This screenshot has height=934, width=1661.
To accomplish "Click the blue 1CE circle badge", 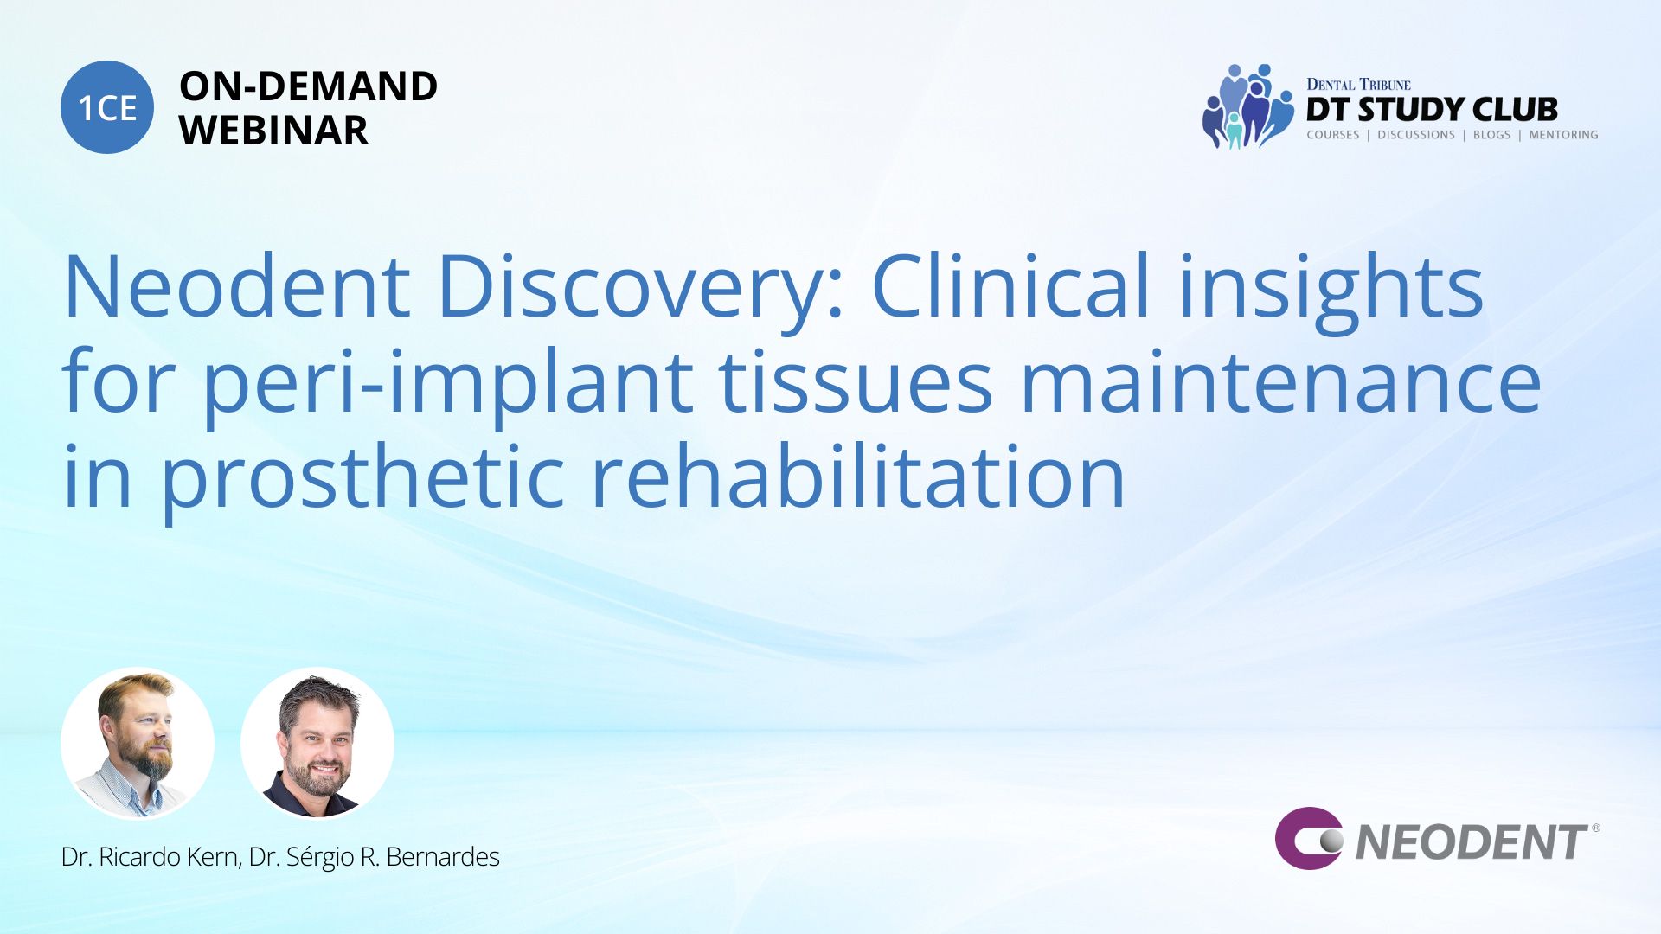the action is pyautogui.click(x=107, y=107).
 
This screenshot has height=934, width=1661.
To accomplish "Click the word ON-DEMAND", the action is pyautogui.click(x=308, y=86).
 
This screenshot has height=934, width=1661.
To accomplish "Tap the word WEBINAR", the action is pyautogui.click(x=273, y=131).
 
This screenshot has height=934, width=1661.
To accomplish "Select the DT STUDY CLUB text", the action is pyautogui.click(x=1432, y=110).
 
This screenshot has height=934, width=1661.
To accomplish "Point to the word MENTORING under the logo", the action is pyautogui.click(x=1563, y=135).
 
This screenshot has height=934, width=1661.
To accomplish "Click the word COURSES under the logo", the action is pyautogui.click(x=1332, y=135).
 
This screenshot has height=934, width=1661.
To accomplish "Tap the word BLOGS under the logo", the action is pyautogui.click(x=1491, y=135).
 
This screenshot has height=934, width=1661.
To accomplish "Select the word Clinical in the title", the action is pyautogui.click(x=1011, y=285).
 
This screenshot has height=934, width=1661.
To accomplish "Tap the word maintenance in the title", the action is pyautogui.click(x=1281, y=382).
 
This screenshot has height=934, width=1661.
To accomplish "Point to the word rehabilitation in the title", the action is pyautogui.click(x=857, y=476).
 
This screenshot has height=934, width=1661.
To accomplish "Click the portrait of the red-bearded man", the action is pyautogui.click(x=138, y=744).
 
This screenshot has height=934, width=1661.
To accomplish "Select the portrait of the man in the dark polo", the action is pyautogui.click(x=317, y=744).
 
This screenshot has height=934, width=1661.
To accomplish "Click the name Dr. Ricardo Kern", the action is pyautogui.click(x=150, y=857).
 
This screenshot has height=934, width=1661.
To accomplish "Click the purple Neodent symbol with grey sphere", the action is pyautogui.click(x=1308, y=838).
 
